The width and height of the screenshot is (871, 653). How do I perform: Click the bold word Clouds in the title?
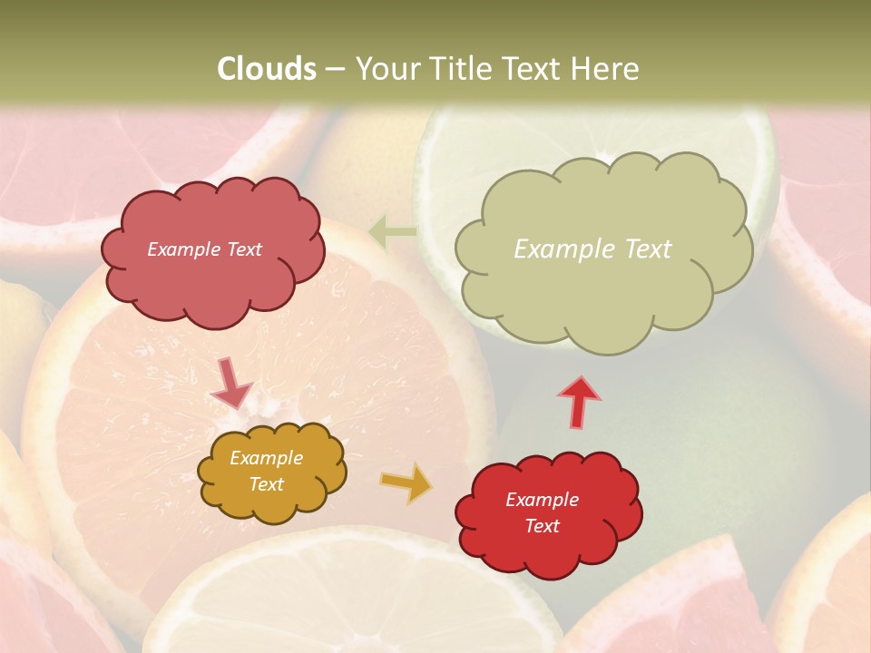pos(267,69)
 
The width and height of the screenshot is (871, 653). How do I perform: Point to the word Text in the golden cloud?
pos(267,484)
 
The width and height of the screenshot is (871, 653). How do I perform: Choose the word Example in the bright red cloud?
pos(542,500)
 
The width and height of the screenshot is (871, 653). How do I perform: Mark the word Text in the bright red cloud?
pos(542,526)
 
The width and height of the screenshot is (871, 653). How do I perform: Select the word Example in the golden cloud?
pos(267,458)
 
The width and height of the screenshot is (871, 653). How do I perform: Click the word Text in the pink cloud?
pos(244,249)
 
